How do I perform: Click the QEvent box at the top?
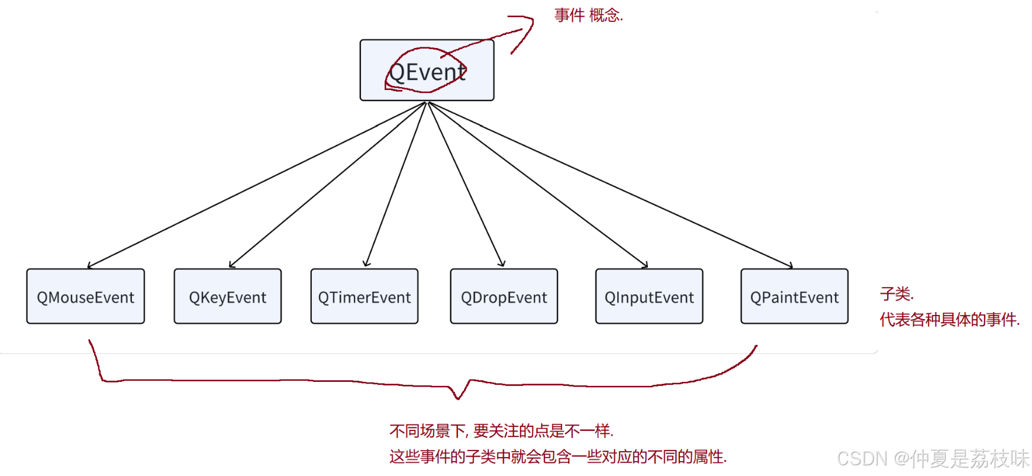coord(427,70)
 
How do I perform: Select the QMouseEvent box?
coord(85,297)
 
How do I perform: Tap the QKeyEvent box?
coord(227,297)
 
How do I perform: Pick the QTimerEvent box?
coord(364,297)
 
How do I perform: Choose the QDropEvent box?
coord(504,297)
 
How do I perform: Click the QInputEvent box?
coord(649,297)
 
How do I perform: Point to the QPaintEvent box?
coord(794,297)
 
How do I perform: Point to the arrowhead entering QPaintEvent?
coord(791,266)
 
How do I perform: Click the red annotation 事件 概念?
coord(588,15)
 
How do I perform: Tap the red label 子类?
coord(896,294)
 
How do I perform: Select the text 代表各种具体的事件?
coord(949,320)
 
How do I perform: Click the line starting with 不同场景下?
coord(501,430)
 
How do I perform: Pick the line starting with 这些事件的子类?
coord(557,456)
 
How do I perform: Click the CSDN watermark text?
coord(933,458)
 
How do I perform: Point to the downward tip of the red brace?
coord(457,398)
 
